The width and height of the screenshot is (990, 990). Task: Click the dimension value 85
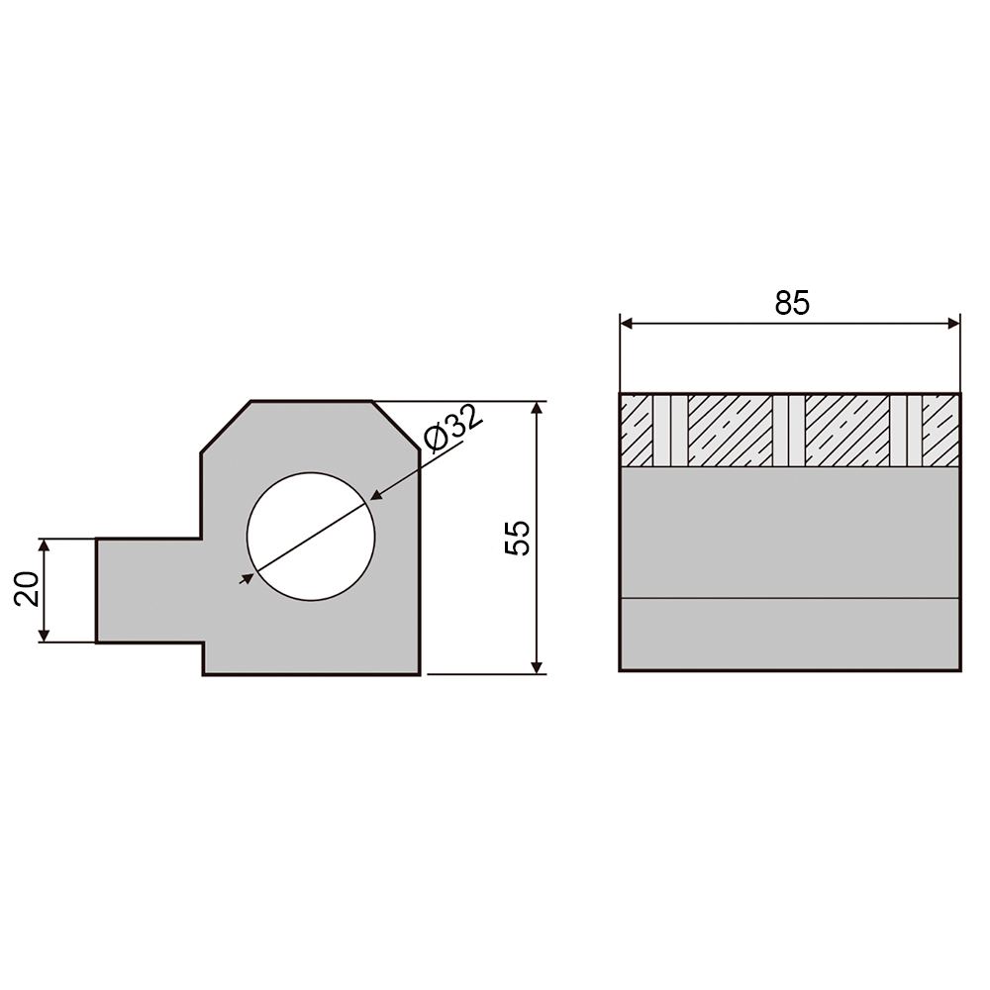[x=792, y=303]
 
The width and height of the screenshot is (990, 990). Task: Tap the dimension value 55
[x=518, y=538]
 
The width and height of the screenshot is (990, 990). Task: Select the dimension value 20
[x=27, y=588]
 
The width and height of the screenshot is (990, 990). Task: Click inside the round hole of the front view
[x=311, y=537]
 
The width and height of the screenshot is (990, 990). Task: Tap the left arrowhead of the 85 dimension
[x=627, y=324]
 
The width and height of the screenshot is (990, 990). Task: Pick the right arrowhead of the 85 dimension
[x=953, y=324]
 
